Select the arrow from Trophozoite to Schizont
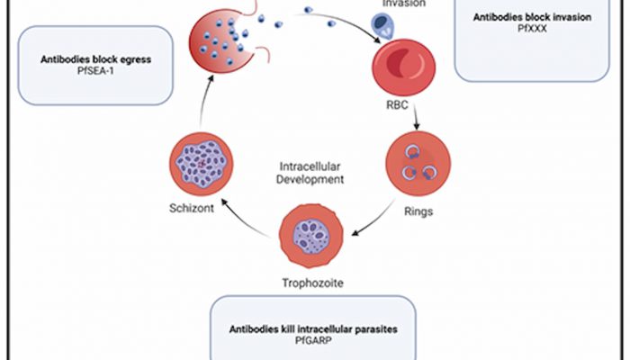point(244,221)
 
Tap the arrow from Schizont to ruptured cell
point(206,107)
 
